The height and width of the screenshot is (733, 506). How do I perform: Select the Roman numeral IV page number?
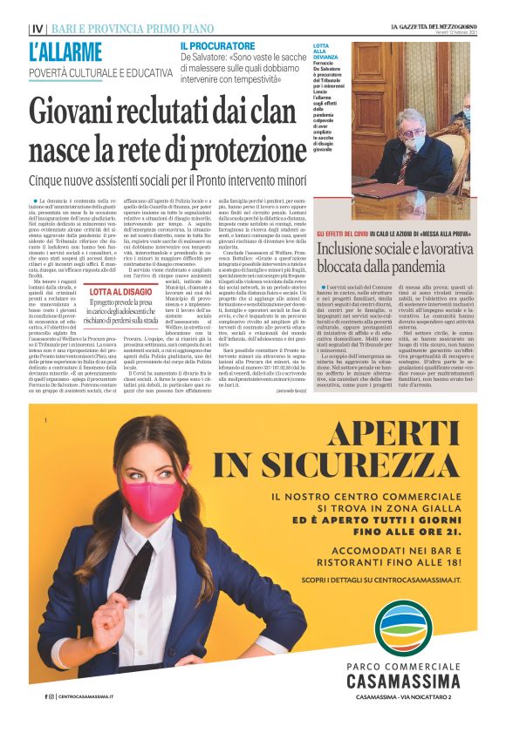(36, 28)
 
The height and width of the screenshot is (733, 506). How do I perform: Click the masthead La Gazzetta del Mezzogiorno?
(434, 27)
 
